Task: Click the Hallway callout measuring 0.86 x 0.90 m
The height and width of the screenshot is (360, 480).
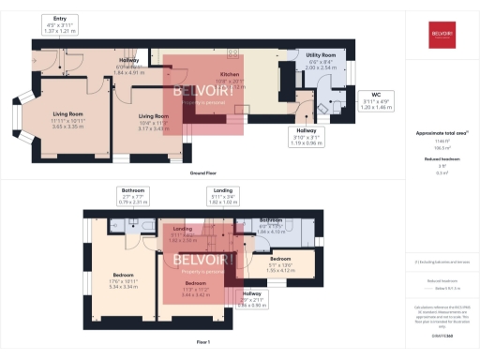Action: pos(252,299)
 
